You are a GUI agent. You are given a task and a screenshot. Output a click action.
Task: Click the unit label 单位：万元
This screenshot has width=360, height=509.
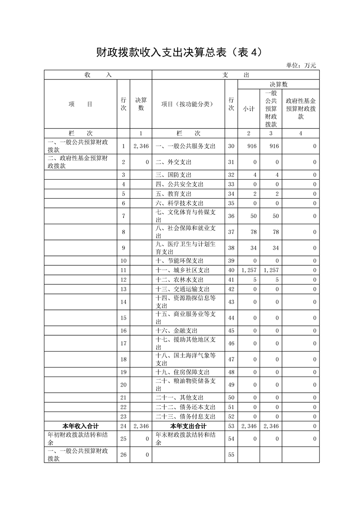click(301, 65)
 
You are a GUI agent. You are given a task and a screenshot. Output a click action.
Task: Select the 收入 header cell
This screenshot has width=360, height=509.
click(98, 75)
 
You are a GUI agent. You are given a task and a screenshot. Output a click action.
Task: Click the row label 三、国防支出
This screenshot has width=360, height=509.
click(174, 175)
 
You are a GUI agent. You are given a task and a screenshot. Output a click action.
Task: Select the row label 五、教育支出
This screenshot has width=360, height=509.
click(174, 194)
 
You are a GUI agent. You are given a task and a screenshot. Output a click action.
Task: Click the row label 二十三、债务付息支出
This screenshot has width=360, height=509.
click(186, 416)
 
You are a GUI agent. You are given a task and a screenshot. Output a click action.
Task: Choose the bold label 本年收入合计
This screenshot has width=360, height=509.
click(80, 426)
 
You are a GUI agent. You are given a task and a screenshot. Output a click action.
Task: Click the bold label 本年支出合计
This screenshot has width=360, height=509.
click(188, 426)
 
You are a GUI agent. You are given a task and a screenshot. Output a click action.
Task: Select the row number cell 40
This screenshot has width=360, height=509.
click(231, 270)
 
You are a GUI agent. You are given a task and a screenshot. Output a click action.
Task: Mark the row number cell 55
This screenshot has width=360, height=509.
click(231, 455)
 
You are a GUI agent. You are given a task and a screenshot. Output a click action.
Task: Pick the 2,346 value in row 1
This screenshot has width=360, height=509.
click(141, 147)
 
